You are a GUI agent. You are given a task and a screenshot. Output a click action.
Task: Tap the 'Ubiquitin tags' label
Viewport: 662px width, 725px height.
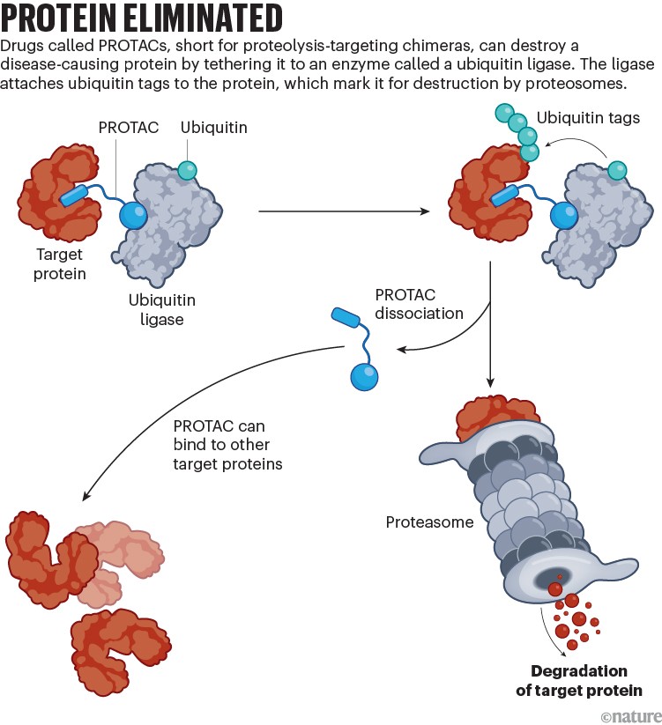point(588,118)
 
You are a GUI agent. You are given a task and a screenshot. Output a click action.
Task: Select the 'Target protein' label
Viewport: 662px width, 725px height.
point(60,265)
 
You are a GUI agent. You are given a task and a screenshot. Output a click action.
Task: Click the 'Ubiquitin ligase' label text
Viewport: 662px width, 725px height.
point(160,309)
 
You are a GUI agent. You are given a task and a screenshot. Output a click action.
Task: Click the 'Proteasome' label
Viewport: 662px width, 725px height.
point(429,522)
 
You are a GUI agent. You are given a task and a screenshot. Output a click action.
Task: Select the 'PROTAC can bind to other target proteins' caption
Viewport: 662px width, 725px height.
point(227,445)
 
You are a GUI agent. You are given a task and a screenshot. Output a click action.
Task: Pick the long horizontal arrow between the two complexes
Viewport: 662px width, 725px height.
point(344,211)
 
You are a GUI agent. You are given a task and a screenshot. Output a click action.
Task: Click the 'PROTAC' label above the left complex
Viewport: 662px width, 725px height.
point(129,129)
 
